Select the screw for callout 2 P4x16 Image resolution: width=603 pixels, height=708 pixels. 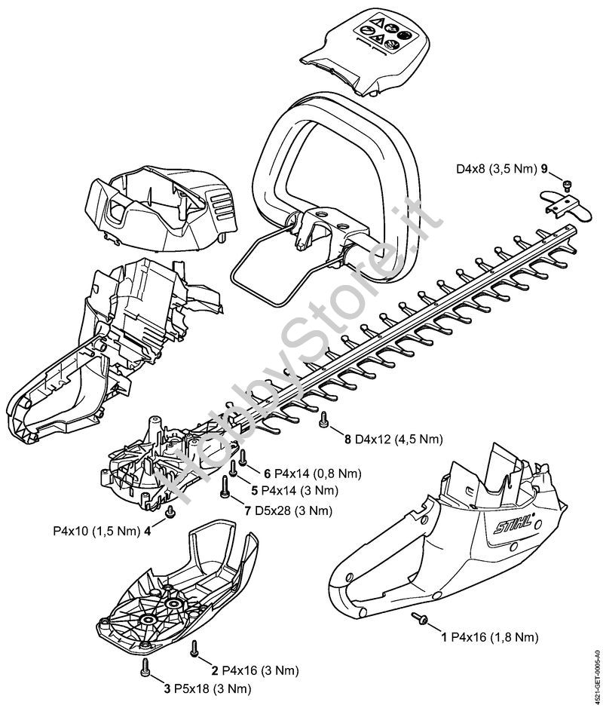pos(194,646)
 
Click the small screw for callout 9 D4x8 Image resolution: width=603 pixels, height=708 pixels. pos(568,183)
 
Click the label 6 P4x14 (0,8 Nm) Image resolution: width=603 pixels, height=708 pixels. pos(312,474)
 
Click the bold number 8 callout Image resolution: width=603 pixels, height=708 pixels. pos(347,439)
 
